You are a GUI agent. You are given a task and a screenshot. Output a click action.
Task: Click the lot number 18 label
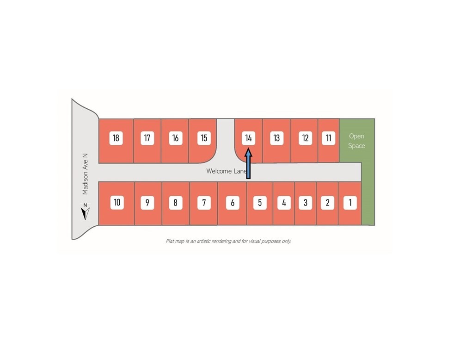(x=116, y=138)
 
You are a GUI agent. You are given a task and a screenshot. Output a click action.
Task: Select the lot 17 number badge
(x=147, y=138)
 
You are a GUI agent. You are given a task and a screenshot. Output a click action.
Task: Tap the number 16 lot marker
(x=175, y=138)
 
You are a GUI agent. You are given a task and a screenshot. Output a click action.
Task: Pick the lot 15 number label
(x=204, y=138)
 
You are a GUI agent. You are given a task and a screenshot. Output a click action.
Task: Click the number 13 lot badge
(x=276, y=138)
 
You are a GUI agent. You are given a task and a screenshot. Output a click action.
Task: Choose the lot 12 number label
(x=305, y=138)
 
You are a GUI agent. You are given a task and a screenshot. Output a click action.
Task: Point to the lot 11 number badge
(x=328, y=138)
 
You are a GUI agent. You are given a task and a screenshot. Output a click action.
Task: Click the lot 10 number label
(x=117, y=203)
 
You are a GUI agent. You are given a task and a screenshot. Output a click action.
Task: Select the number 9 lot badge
(x=147, y=203)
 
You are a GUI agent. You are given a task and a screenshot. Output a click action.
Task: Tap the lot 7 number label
(x=204, y=203)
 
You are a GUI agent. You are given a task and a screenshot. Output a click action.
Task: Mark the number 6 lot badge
(x=233, y=203)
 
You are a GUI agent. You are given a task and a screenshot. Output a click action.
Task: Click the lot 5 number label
(x=260, y=203)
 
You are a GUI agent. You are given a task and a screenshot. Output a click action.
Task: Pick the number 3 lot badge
(x=305, y=203)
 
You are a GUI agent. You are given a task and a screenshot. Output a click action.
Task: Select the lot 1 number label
(x=350, y=203)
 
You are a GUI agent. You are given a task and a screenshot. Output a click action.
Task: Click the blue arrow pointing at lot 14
(x=248, y=164)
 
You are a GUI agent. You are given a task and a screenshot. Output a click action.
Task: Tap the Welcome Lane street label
(x=227, y=171)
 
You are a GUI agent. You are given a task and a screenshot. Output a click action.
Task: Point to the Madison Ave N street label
(x=85, y=174)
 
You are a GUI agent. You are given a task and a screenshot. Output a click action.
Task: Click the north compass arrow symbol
(x=85, y=212)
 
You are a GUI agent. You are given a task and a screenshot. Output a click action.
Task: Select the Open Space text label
(x=356, y=141)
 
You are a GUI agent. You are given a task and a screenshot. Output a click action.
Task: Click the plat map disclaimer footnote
(x=228, y=241)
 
